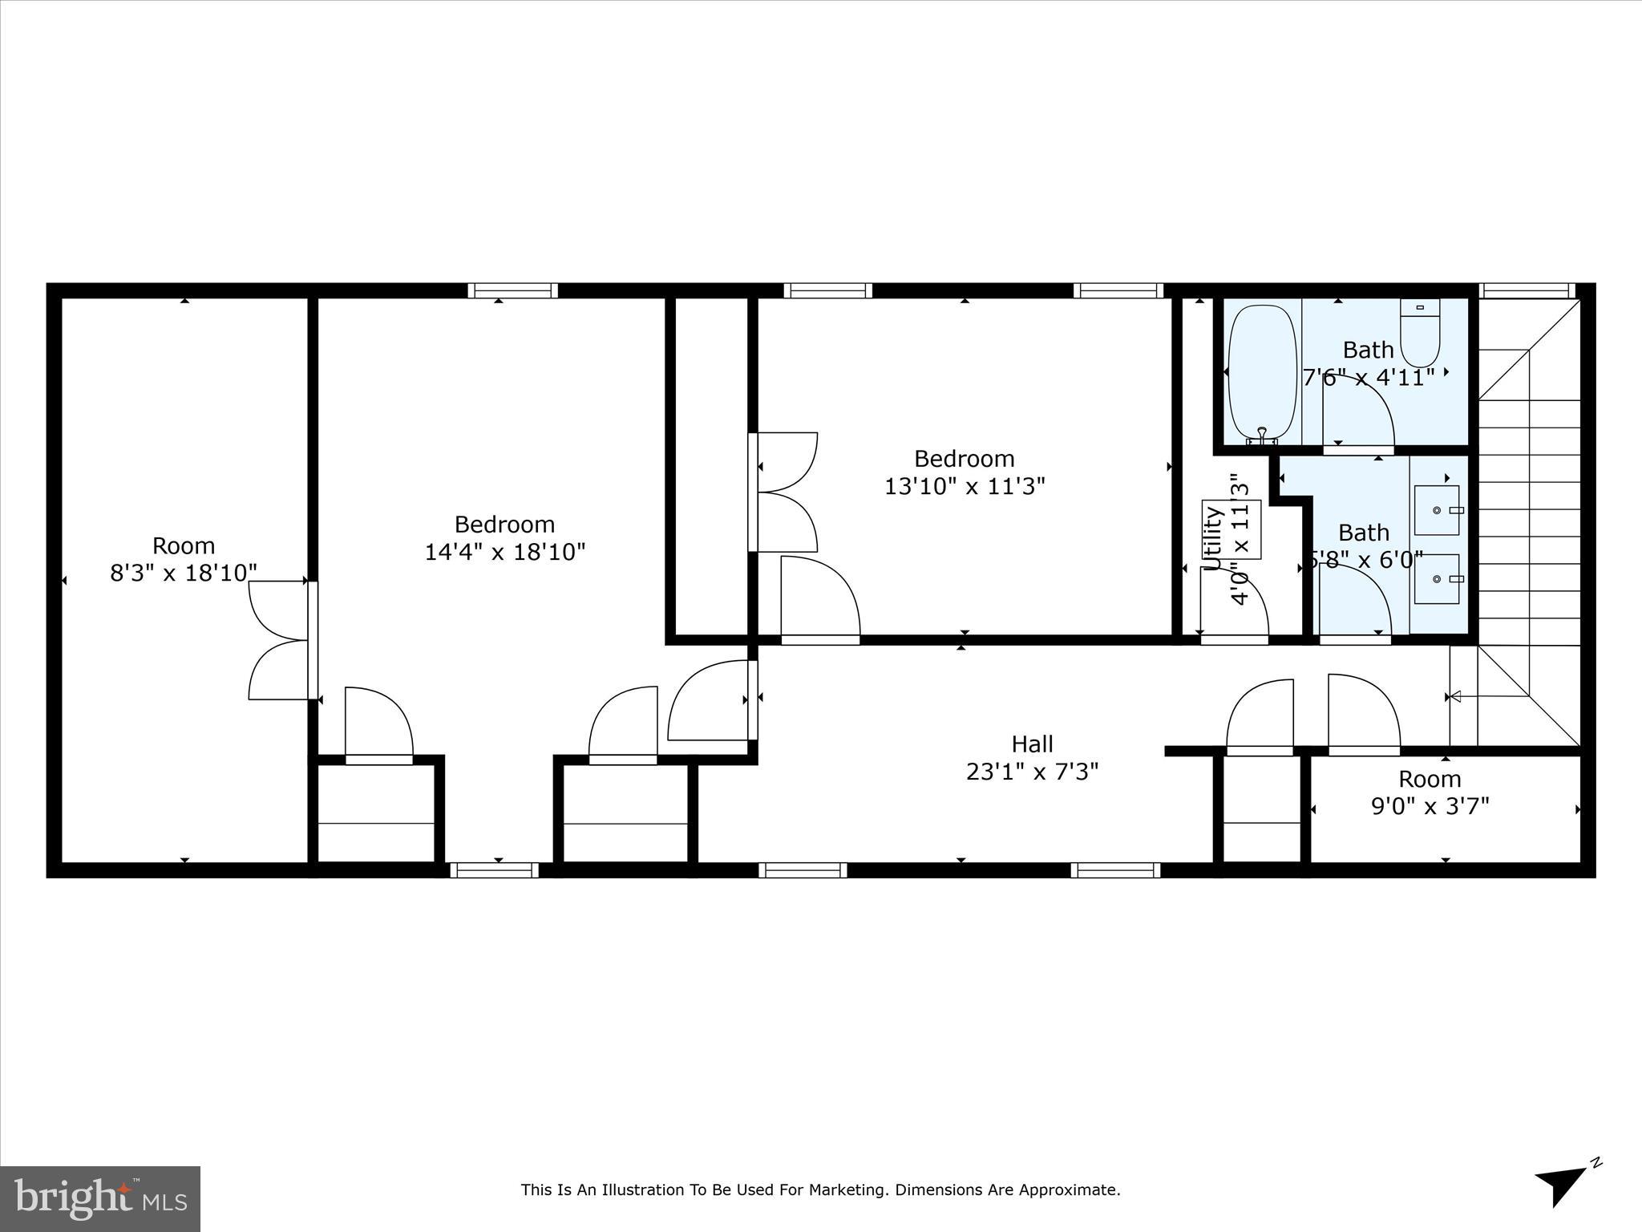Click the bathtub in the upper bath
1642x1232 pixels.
point(1262,373)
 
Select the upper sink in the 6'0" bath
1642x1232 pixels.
point(1436,510)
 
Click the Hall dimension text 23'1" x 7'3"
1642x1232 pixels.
point(1032,772)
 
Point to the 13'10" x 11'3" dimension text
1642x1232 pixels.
point(965,487)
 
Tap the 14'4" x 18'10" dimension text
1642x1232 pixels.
point(505,553)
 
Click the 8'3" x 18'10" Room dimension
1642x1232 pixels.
point(184,573)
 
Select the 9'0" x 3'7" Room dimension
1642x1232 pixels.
point(1430,806)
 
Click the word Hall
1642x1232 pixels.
point(1032,744)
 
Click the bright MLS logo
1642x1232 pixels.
point(100,1199)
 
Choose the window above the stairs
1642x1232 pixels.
point(1527,290)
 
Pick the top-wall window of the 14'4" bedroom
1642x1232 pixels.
point(513,290)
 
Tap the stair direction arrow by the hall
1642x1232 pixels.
point(1454,697)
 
